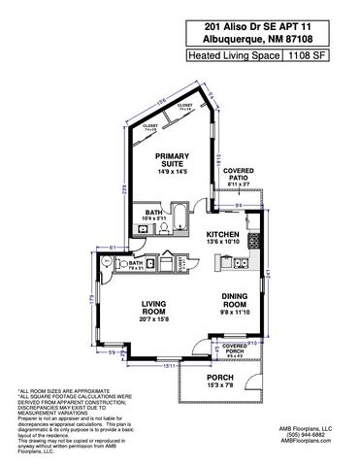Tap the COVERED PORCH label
(x=234, y=349)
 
